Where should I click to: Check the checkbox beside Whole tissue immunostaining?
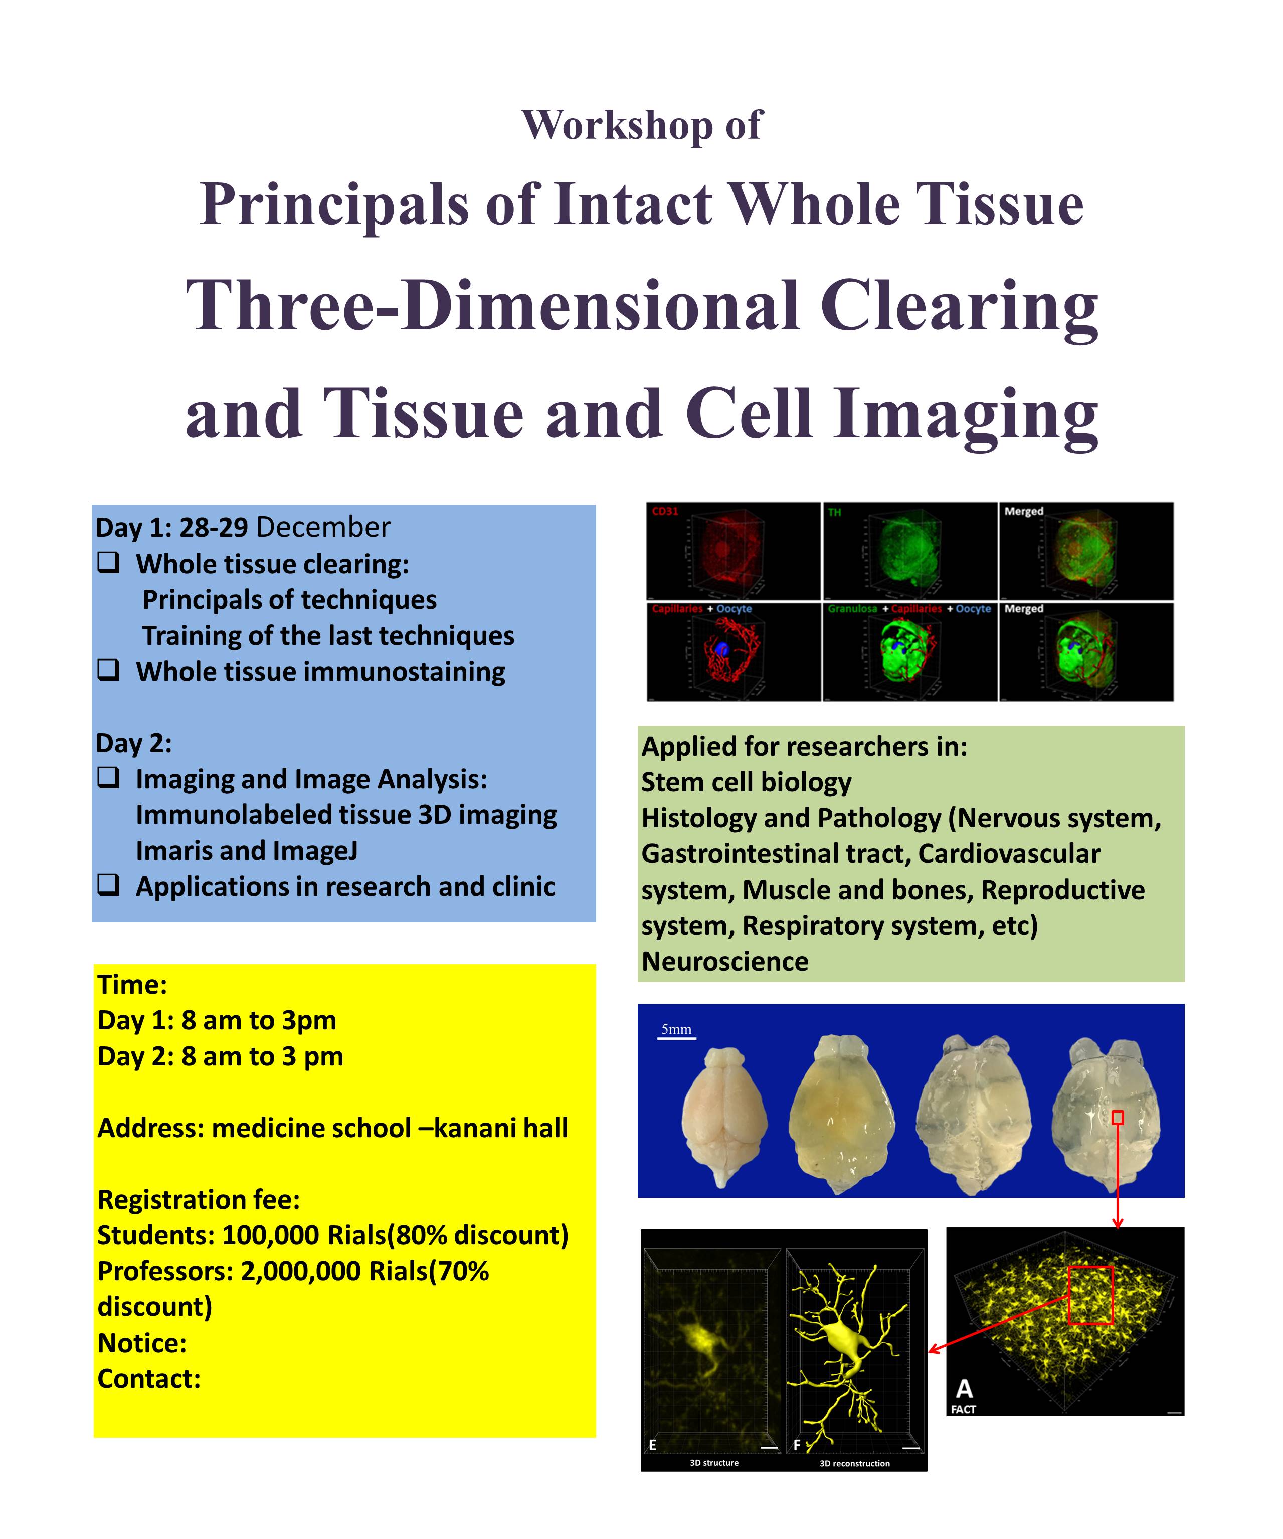pyautogui.click(x=108, y=670)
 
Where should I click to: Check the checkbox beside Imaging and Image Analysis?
pyautogui.click(x=108, y=778)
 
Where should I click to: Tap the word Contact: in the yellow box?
pyautogui.click(x=149, y=1379)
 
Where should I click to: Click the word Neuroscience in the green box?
pyautogui.click(x=725, y=962)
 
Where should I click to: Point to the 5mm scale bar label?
pyautogui.click(x=676, y=1029)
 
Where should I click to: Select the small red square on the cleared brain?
pyautogui.click(x=1118, y=1118)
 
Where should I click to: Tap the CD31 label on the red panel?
pyautogui.click(x=665, y=512)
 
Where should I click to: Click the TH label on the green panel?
pyautogui.click(x=834, y=512)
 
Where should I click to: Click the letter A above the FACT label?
pyautogui.click(x=964, y=1388)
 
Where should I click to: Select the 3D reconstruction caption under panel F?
pyautogui.click(x=854, y=1463)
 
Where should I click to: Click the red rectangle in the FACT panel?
pyautogui.click(x=1090, y=1295)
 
